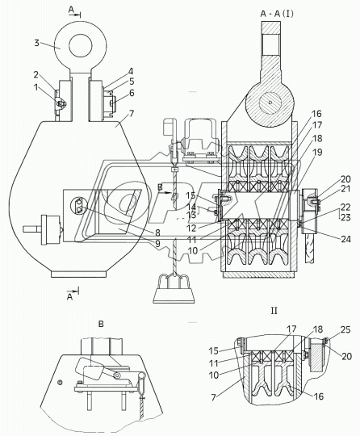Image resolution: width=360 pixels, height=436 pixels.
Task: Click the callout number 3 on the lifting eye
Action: [36, 43]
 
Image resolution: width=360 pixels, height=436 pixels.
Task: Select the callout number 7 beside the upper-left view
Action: [132, 114]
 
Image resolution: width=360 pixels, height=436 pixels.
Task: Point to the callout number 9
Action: [157, 244]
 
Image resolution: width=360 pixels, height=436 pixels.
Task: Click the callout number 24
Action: [345, 239]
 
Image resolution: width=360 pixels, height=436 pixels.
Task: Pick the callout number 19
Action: [317, 152]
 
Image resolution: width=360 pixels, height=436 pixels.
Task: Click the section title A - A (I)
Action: [277, 14]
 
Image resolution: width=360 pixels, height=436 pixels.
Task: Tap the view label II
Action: [274, 311]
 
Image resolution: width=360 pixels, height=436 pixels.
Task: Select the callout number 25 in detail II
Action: [345, 329]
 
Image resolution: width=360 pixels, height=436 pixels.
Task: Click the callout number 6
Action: [132, 93]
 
